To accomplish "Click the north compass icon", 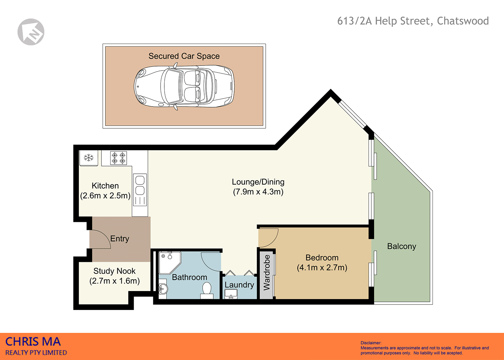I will click(31, 32).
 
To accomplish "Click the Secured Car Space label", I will click(184, 56).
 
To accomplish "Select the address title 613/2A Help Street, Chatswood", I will click(413, 21).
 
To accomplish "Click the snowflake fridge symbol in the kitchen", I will click(89, 157).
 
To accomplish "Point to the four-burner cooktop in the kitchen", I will click(119, 158).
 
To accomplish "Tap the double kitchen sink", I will click(140, 185).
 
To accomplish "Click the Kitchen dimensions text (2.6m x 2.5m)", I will click(105, 196).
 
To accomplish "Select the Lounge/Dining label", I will click(258, 182).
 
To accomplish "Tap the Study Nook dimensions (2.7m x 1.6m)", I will click(115, 281).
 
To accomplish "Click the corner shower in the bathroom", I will click(169, 262).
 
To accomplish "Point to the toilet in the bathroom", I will click(207, 290).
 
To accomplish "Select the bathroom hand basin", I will click(163, 288).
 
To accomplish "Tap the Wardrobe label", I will click(267, 273).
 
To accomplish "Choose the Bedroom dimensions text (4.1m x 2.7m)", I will click(322, 268).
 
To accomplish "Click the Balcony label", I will click(402, 246).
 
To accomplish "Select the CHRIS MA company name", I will click(33, 342).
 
